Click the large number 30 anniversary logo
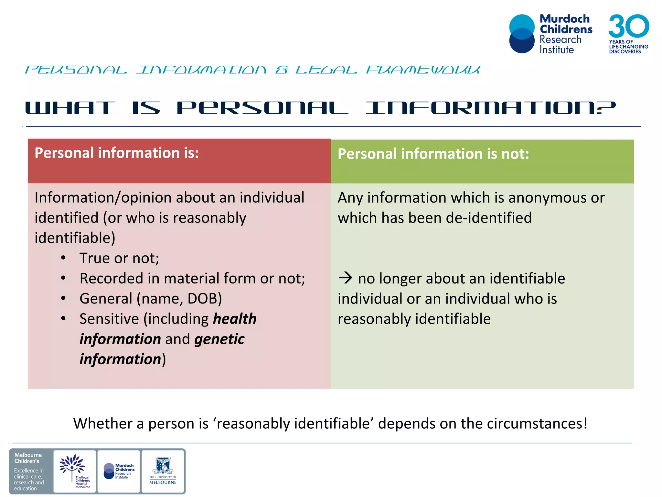(628, 26)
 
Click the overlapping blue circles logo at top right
(522, 34)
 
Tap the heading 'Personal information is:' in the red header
(116, 153)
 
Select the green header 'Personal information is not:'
(433, 154)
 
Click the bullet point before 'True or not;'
(63, 258)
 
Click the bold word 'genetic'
(219, 339)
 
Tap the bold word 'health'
(235, 319)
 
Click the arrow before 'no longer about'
(345, 278)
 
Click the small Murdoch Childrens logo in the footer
(119, 471)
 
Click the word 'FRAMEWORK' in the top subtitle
(423, 70)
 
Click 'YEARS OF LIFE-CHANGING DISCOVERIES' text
(628, 47)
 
